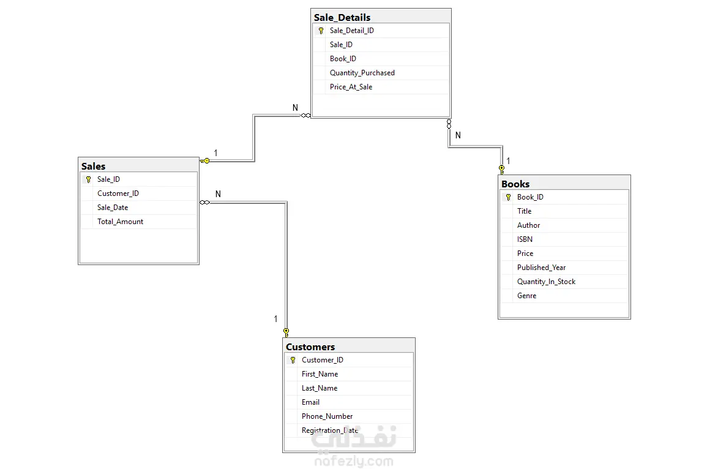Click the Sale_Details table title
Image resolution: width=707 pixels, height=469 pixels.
click(342, 18)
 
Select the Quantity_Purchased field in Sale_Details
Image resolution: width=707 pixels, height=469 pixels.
click(362, 73)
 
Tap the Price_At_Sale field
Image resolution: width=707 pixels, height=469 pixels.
click(351, 87)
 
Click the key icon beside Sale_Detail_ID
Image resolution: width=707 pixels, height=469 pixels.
click(321, 31)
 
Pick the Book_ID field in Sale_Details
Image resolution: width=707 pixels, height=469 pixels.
click(343, 59)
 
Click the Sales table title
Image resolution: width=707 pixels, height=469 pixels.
click(93, 167)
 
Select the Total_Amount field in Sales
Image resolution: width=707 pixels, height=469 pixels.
click(120, 222)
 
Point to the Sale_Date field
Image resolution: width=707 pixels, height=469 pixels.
click(113, 208)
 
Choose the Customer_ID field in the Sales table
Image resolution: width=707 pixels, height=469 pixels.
click(118, 193)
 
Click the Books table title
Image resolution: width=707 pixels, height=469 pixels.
click(515, 184)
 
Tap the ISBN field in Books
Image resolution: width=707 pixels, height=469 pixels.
click(525, 239)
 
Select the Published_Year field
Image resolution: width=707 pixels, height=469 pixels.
click(541, 268)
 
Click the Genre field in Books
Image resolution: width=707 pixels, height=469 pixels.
click(526, 296)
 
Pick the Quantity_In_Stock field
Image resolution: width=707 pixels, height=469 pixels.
click(546, 282)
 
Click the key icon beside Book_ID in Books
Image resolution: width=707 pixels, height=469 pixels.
click(508, 197)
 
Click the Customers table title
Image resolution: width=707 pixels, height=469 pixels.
click(310, 347)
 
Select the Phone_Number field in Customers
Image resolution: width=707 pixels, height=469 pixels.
click(327, 416)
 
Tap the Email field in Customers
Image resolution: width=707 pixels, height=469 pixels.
click(310, 402)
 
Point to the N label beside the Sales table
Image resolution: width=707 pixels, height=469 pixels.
click(219, 194)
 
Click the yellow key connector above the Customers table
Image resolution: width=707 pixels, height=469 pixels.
click(286, 333)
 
